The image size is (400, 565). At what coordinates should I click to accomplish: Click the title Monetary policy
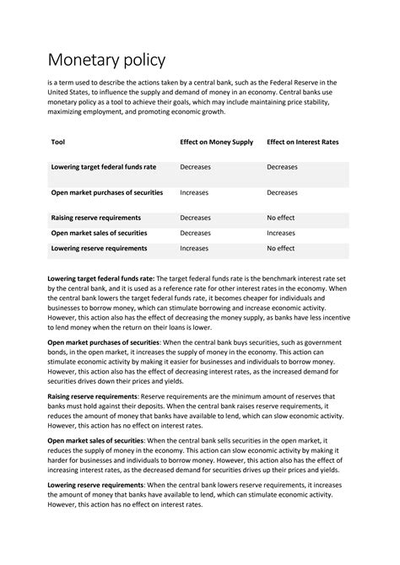click(106, 61)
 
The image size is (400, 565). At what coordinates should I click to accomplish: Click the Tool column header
click(58, 143)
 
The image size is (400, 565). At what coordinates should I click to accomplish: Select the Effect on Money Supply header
click(214, 143)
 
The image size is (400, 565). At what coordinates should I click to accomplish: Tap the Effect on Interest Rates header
click(302, 143)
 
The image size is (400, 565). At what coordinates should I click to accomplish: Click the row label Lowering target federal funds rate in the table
click(104, 167)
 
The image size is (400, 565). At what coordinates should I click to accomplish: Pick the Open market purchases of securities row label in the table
click(106, 192)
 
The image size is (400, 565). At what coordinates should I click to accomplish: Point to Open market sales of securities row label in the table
click(99, 233)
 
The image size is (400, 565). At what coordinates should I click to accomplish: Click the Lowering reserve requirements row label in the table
click(99, 249)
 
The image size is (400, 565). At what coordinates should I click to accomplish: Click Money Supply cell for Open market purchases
click(194, 192)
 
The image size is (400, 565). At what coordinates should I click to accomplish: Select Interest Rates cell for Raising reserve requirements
click(281, 218)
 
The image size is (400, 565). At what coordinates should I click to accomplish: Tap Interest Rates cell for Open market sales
click(281, 233)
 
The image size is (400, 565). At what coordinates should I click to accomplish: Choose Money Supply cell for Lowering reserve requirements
click(194, 249)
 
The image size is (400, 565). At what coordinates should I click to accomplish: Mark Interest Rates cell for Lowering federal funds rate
click(282, 167)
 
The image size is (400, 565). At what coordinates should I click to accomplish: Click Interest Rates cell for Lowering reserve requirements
click(281, 249)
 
